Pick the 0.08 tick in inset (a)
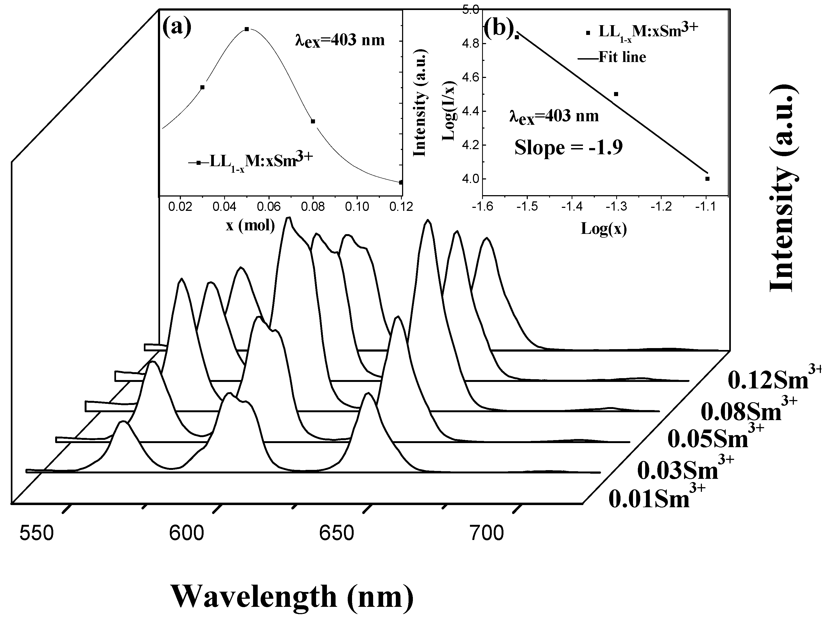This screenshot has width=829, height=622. point(313,207)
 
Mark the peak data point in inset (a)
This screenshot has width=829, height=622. point(247,29)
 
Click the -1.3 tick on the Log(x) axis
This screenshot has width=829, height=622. point(616,207)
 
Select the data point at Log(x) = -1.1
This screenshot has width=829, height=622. point(707,179)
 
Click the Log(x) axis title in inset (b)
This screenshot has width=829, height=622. point(604,228)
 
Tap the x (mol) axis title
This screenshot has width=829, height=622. point(250,226)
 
